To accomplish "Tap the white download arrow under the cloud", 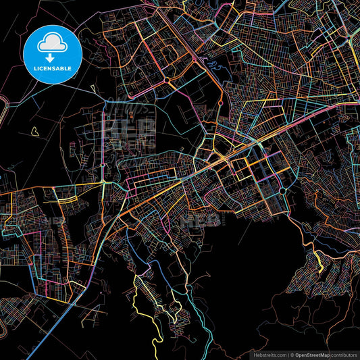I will [x=51, y=58].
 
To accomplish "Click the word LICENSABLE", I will [x=51, y=68].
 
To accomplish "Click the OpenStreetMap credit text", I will [x=312, y=354].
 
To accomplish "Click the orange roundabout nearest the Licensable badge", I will [x=166, y=80].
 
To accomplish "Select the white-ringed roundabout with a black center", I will [x=283, y=191].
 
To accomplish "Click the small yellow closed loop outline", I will [x=34, y=130].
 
